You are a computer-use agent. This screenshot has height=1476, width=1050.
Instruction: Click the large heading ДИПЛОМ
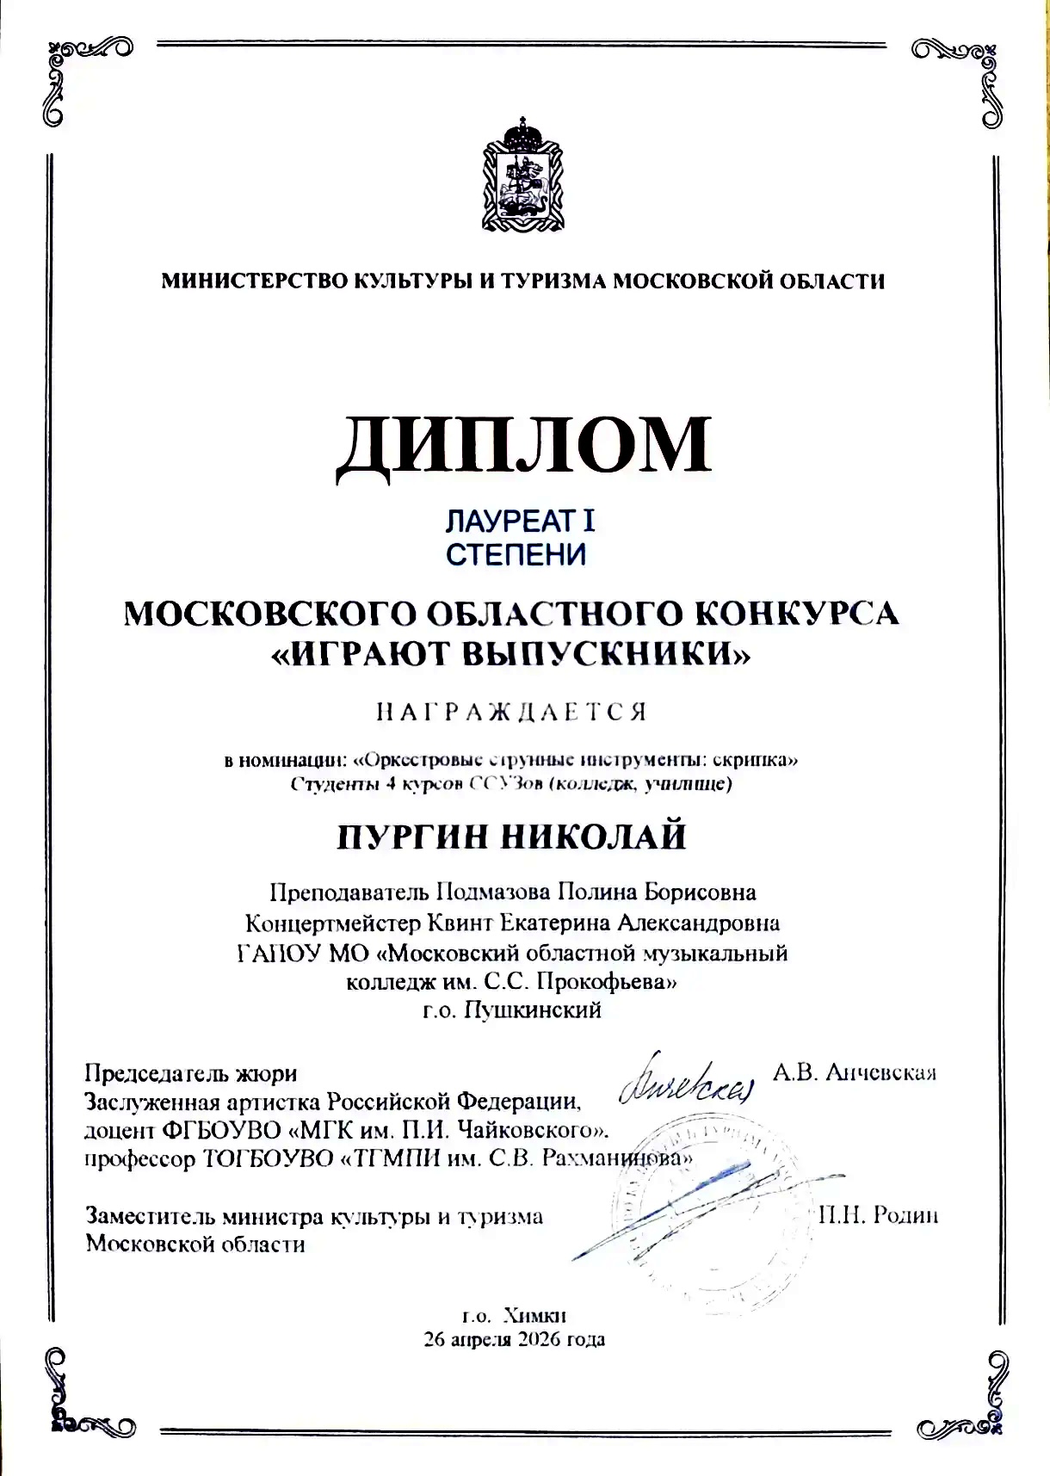(523, 447)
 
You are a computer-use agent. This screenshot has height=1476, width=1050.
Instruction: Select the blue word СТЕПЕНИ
(516, 554)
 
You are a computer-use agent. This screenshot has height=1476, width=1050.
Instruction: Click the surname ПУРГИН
(412, 837)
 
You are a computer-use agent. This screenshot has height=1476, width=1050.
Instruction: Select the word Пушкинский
(533, 1010)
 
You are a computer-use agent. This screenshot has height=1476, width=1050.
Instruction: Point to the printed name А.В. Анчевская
(854, 1072)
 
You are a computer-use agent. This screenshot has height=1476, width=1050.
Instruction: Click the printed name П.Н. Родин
(878, 1215)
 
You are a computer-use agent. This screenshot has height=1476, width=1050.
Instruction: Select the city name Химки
(534, 1316)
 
